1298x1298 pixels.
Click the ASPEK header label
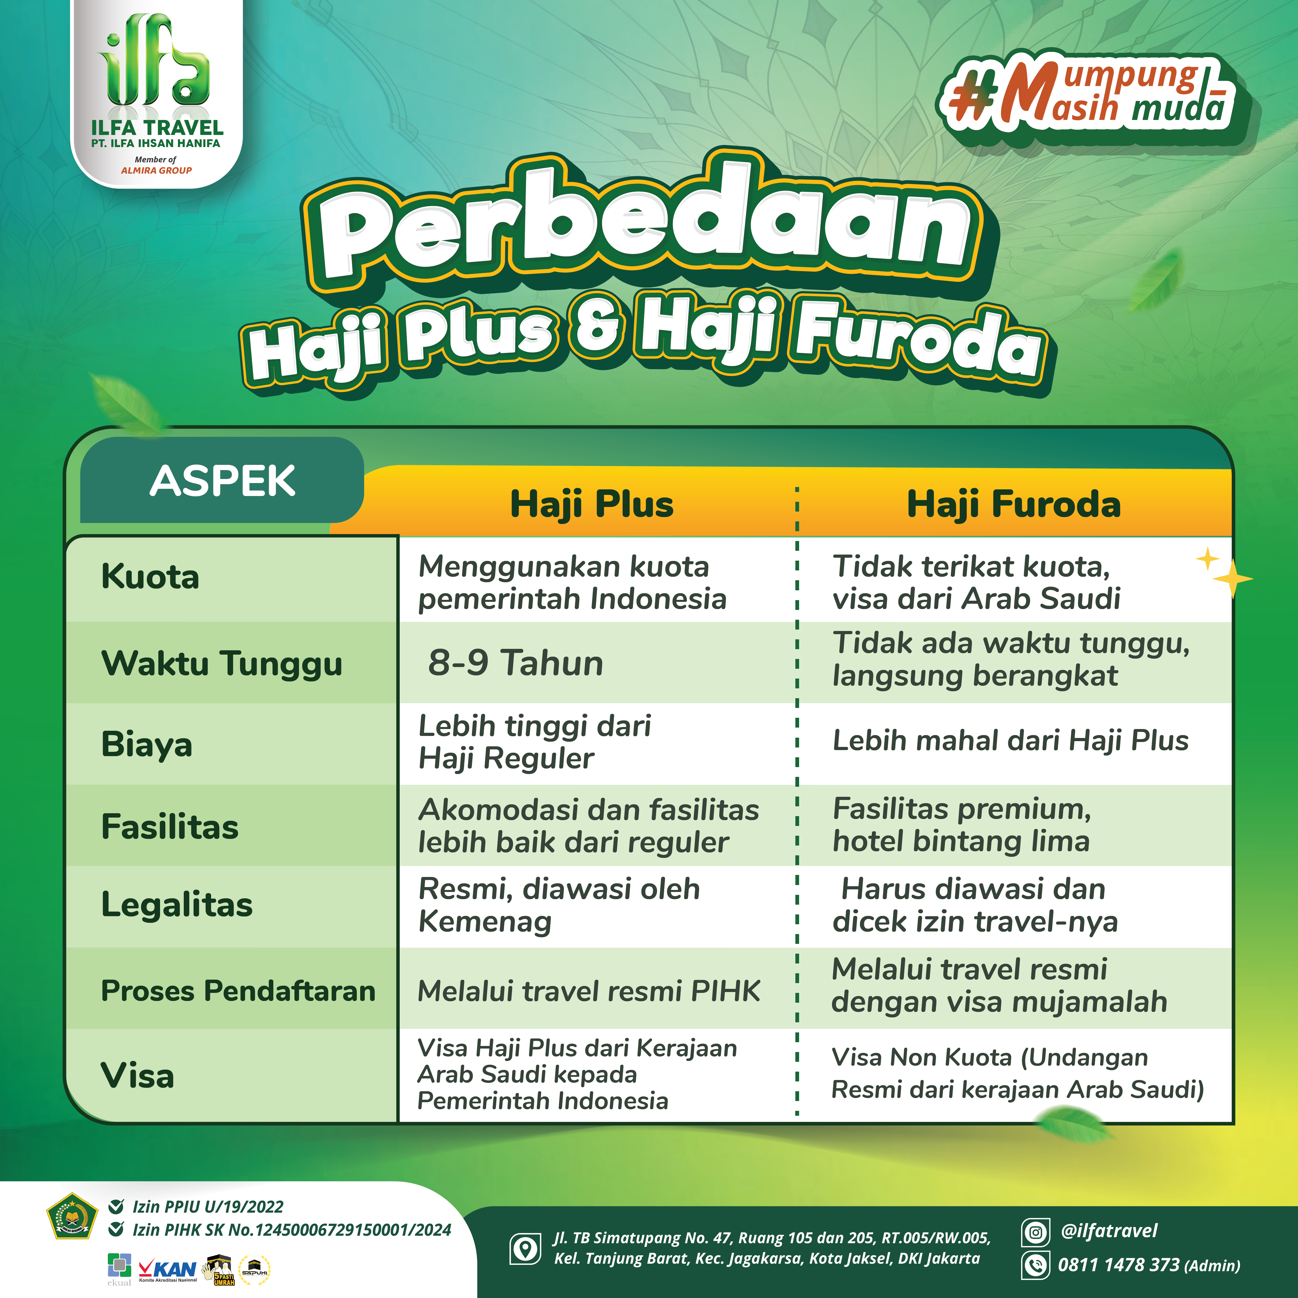(x=222, y=481)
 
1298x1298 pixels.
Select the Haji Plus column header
(x=591, y=505)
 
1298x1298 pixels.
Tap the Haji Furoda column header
(x=1014, y=505)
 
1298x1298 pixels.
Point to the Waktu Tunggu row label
(x=222, y=664)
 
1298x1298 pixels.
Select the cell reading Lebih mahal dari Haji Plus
(x=1010, y=740)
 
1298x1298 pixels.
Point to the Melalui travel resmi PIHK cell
(x=589, y=992)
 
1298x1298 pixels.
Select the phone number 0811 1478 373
(x=1119, y=1265)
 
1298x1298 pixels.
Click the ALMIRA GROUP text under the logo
(x=157, y=171)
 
